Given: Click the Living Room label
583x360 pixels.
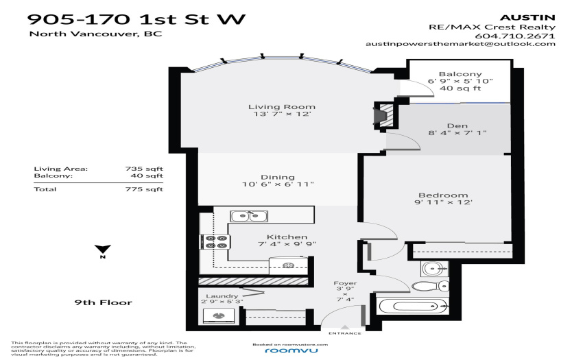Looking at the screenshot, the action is [282, 107].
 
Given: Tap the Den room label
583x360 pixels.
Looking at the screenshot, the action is [457, 125].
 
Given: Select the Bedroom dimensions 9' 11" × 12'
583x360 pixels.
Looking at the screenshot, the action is [443, 202].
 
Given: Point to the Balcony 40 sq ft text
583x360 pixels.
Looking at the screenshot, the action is [460, 88].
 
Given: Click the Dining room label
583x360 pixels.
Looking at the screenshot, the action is [277, 177].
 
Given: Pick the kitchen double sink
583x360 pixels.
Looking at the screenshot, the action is [249, 216].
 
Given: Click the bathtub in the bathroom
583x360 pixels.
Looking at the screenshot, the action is [413, 307].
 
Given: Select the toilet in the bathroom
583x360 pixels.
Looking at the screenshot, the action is [430, 287].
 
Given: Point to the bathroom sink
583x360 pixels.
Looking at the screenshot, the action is [434, 268].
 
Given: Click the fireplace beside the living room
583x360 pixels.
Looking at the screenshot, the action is [383, 116].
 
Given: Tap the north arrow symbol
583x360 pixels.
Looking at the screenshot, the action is [103, 249].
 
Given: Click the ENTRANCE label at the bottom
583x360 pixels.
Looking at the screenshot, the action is [345, 333].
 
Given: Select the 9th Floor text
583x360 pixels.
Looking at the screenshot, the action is [104, 302].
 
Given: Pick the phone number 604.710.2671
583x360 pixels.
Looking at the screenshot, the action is [515, 36].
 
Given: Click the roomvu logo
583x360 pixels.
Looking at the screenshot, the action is [291, 350].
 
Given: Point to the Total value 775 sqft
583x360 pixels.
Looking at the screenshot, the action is [144, 189].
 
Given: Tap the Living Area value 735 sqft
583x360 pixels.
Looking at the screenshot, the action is [144, 169].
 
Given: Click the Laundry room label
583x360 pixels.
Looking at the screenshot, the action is [222, 296].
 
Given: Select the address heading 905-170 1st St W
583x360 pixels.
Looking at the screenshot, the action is [136, 19].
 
